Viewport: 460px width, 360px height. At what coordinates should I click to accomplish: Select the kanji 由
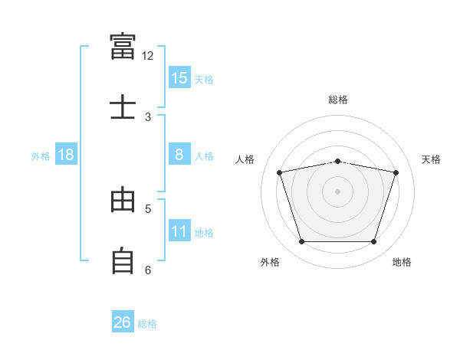coord(123,200)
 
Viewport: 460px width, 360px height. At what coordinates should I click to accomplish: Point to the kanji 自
coord(123,260)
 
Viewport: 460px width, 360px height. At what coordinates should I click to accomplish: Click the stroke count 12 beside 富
coord(148,55)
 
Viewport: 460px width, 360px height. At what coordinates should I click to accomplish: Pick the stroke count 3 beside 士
coord(148,116)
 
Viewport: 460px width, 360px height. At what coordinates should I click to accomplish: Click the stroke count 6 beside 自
coord(148,270)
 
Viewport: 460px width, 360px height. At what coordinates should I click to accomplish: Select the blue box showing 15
coord(179,78)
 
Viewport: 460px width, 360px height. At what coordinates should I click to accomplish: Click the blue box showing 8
coord(179,155)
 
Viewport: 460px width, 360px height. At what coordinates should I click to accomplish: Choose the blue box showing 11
coord(179,231)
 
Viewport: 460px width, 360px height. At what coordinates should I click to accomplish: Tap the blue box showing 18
coord(66,155)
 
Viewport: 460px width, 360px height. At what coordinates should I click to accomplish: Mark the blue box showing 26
coord(123,322)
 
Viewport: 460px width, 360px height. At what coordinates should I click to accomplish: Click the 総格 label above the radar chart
coord(338,100)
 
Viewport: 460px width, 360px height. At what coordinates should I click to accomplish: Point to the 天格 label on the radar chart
coord(431,159)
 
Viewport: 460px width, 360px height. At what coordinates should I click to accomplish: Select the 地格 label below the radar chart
coord(402,262)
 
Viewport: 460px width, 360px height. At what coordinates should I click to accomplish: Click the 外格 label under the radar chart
coord(270,262)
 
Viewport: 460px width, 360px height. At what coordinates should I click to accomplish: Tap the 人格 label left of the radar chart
coord(245,159)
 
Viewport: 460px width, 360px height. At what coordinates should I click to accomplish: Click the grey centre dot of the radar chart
coord(338,191)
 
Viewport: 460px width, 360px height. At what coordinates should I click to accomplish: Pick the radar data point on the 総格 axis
coord(338,161)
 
